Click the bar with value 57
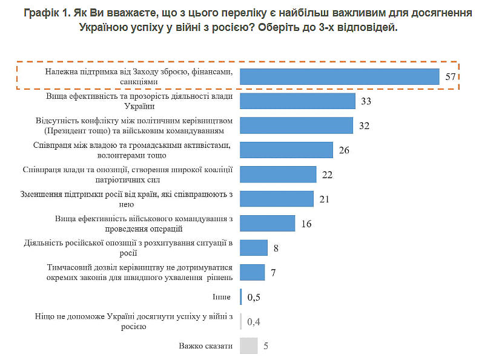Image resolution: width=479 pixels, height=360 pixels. tap(339, 76)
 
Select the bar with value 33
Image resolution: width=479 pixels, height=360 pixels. tap(297, 101)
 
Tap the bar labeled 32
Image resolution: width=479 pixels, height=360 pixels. tap(296, 125)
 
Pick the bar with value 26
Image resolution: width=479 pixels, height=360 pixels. tap(286, 150)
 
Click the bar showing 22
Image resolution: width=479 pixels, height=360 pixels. tap(278, 175)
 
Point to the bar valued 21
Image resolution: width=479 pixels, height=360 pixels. tap(277, 199)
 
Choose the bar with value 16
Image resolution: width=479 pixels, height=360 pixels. tap(267, 223)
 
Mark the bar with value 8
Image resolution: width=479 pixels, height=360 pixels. tap(254, 248)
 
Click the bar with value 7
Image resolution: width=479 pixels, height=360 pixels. tap(253, 272)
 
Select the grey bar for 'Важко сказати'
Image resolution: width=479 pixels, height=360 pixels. tap(249, 346)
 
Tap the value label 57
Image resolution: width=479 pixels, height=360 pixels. tap(450, 77)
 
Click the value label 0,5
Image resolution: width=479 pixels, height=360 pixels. tap(254, 297)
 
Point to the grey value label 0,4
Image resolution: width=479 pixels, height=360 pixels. tap(254, 322)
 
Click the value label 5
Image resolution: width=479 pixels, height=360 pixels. tap(266, 347)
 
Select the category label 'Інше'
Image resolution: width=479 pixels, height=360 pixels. tap(222, 297)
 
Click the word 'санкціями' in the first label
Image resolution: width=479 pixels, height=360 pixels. tap(140, 81)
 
